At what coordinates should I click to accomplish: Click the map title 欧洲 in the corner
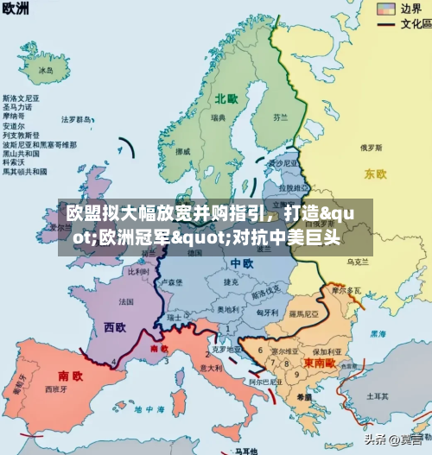tap(17, 9)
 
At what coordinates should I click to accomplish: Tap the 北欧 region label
tap(227, 98)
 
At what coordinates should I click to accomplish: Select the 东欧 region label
tap(375, 174)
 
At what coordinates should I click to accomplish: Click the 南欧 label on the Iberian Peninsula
tap(70, 376)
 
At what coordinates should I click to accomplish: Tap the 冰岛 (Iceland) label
tap(46, 69)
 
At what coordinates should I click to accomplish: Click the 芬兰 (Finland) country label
tap(280, 116)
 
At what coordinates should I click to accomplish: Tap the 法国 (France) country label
tap(126, 301)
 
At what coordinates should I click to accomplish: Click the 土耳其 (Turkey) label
tap(377, 395)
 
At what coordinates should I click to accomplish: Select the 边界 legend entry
tap(410, 9)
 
